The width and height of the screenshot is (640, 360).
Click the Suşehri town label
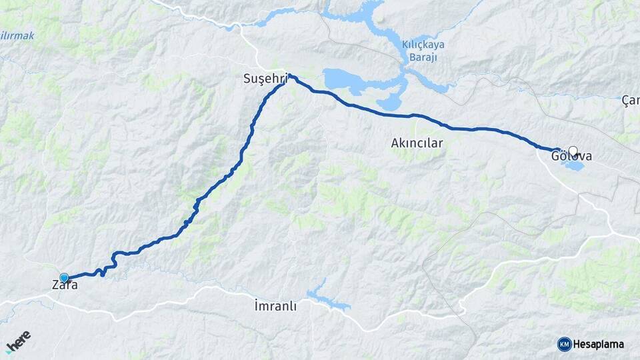(265, 79)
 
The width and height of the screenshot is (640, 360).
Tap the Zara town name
(65, 285)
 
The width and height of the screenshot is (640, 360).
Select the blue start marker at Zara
(64, 277)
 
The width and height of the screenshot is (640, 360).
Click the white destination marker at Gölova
(573, 151)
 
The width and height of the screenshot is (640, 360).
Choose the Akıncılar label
(417, 143)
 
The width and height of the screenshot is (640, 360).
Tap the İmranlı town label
(275, 306)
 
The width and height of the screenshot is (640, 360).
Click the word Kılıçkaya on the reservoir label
(423, 45)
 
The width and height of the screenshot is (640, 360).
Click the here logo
(18, 341)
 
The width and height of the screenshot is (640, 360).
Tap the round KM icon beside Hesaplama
(564, 344)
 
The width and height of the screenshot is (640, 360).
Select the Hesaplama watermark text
(598, 344)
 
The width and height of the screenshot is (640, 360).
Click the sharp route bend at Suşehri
(290, 75)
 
